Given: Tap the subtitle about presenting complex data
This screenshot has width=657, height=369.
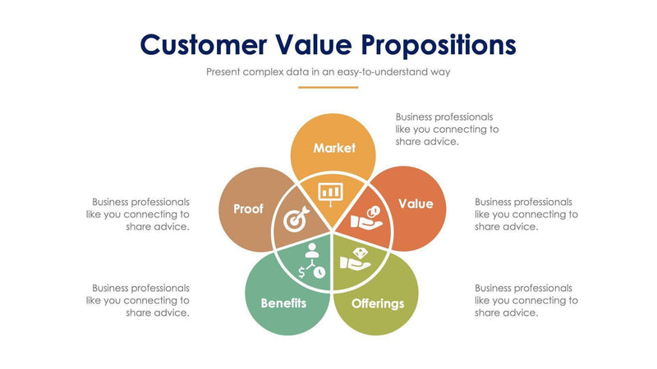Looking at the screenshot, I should click(x=328, y=71).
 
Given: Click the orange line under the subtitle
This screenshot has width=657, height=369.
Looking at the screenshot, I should click(x=328, y=87).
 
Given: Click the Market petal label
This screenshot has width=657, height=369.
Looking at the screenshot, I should click(x=334, y=148).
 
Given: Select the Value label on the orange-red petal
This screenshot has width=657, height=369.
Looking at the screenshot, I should click(x=416, y=203).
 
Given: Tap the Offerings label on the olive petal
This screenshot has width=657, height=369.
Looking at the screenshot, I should click(x=378, y=303).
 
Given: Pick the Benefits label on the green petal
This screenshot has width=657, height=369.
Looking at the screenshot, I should click(x=283, y=303).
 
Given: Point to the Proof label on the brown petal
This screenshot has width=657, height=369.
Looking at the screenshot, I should click(x=248, y=209).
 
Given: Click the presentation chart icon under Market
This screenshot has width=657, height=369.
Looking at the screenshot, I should click(x=330, y=192).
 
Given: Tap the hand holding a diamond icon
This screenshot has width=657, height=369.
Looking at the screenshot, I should click(x=356, y=259).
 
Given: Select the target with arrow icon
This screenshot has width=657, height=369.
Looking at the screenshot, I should click(x=296, y=219).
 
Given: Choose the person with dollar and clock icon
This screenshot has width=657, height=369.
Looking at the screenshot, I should click(x=310, y=261).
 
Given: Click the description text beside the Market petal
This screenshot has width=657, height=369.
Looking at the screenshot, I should click(x=447, y=130).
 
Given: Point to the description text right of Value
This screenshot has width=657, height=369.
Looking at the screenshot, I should click(x=526, y=214).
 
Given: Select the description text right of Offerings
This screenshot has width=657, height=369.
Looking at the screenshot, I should click(x=526, y=300).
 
